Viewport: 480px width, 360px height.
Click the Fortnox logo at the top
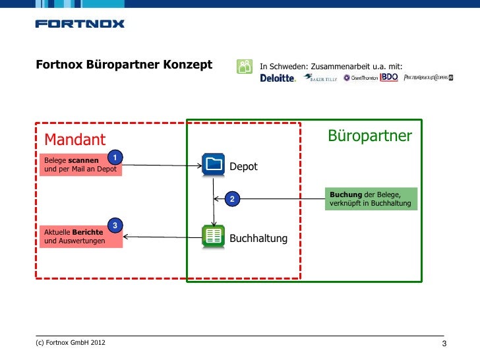(79, 24)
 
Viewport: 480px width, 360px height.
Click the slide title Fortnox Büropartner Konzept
(124, 65)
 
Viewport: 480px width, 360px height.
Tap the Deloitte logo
(278, 78)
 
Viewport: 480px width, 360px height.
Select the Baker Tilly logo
(320, 78)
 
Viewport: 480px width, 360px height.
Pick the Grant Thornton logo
(361, 78)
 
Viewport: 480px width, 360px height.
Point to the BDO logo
(390, 77)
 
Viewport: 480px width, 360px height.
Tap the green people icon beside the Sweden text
(244, 66)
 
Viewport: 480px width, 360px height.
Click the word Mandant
(75, 140)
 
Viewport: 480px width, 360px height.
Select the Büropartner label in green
(370, 136)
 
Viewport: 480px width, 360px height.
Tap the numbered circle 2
(232, 198)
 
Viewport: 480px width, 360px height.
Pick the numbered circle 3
(115, 226)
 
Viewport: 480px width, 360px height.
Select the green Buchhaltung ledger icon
(213, 236)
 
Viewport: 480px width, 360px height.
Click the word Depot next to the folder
(243, 167)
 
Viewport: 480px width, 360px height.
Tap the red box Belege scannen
(80, 165)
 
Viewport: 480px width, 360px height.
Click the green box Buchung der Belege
(372, 199)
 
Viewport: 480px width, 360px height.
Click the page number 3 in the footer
(444, 344)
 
